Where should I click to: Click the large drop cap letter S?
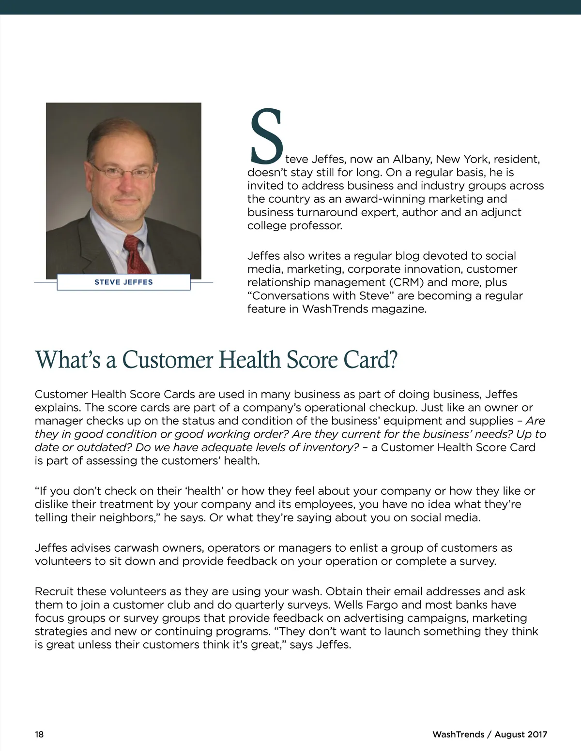265,136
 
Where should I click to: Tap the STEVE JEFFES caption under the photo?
123,282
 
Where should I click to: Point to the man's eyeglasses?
123,171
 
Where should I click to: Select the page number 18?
39,734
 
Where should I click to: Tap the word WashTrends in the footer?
458,734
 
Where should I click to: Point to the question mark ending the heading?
393,360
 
